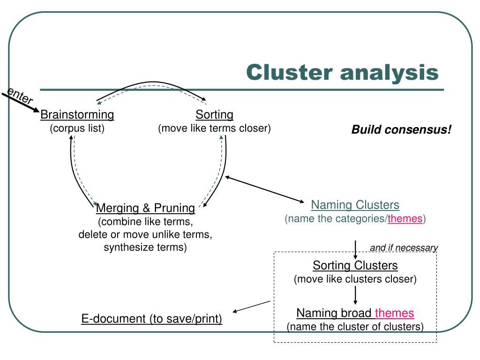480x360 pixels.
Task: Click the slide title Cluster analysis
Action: pyautogui.click(x=342, y=73)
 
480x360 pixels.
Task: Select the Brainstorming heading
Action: pyautogui.click(x=77, y=114)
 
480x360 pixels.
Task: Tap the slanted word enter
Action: pyautogui.click(x=20, y=96)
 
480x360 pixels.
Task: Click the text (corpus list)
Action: pyautogui.click(x=77, y=128)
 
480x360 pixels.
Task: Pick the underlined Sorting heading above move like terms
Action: pyautogui.click(x=214, y=114)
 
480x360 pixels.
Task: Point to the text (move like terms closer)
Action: pyautogui.click(x=214, y=128)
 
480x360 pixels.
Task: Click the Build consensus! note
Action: pyautogui.click(x=401, y=129)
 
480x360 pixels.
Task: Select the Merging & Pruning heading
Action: pyautogui.click(x=145, y=208)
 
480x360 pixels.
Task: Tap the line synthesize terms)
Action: pyautogui.click(x=145, y=247)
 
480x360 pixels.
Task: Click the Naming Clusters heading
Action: pyautogui.click(x=355, y=205)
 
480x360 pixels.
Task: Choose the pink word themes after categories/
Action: pyautogui.click(x=405, y=218)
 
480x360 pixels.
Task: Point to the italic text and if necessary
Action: pyautogui.click(x=404, y=247)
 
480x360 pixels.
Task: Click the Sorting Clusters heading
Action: pyautogui.click(x=355, y=265)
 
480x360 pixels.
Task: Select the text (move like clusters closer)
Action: pyautogui.click(x=355, y=279)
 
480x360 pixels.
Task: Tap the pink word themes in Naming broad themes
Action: pyautogui.click(x=394, y=313)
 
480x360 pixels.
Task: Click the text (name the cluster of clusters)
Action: pyautogui.click(x=355, y=327)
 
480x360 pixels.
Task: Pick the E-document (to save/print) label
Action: pyautogui.click(x=151, y=319)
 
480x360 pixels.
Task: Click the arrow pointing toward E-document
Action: pyautogui.click(x=251, y=307)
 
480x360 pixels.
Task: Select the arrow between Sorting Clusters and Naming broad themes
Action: pyautogui.click(x=355, y=295)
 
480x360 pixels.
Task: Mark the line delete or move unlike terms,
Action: pyautogui.click(x=145, y=234)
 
